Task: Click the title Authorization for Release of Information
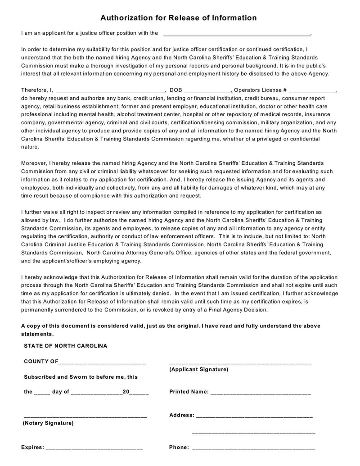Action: click(x=178, y=18)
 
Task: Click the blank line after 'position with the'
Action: click(x=237, y=33)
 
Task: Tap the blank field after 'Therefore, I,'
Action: click(x=111, y=90)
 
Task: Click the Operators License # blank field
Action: click(x=312, y=90)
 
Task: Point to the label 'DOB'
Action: click(x=176, y=90)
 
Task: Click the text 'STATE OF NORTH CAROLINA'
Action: click(x=66, y=346)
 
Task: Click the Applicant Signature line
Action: click(x=240, y=362)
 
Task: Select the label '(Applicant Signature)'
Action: click(x=198, y=370)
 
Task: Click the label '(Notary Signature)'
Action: click(x=48, y=423)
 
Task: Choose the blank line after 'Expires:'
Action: click(x=94, y=448)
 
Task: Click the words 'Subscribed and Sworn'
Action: click(x=53, y=377)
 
